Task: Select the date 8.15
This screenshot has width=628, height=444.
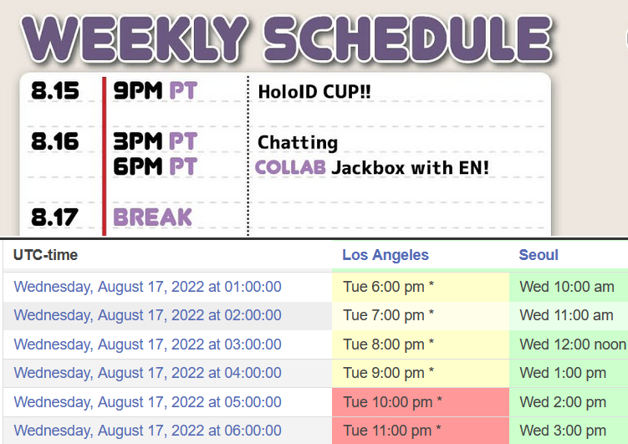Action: pyautogui.click(x=55, y=90)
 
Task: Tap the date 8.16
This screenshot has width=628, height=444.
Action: pyautogui.click(x=55, y=141)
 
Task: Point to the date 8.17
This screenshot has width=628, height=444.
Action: pyautogui.click(x=54, y=217)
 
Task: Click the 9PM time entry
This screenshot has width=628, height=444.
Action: pyautogui.click(x=138, y=90)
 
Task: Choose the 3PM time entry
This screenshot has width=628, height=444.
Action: pyautogui.click(x=138, y=141)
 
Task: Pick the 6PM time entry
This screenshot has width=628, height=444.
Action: pyautogui.click(x=138, y=166)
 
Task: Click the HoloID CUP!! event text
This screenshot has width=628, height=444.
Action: pyautogui.click(x=314, y=92)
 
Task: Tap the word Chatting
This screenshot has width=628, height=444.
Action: pyautogui.click(x=298, y=143)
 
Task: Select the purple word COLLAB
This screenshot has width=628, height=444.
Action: pyautogui.click(x=290, y=167)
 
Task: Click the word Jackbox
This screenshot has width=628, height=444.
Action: pyautogui.click(x=368, y=168)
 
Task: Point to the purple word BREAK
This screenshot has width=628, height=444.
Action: pyautogui.click(x=152, y=217)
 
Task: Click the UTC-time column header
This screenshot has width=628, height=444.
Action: pyautogui.click(x=45, y=255)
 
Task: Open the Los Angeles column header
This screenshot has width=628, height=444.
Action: pyautogui.click(x=385, y=255)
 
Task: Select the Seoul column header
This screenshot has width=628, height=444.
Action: pyautogui.click(x=539, y=255)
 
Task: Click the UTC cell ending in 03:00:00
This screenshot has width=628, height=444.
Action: pyautogui.click(x=147, y=344)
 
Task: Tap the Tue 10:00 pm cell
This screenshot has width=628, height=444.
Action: pyautogui.click(x=392, y=402)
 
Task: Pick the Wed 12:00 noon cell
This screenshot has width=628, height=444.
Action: pyautogui.click(x=573, y=344)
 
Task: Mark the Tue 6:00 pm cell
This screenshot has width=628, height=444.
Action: pyautogui.click(x=389, y=287)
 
